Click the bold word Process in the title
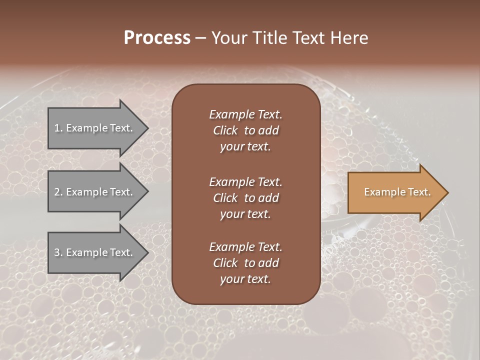[x=157, y=38]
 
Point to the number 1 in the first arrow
[x=57, y=128]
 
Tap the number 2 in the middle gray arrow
[x=57, y=192]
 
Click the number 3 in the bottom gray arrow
[x=57, y=252]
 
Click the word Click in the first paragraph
[x=225, y=130]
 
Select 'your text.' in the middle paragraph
[x=245, y=213]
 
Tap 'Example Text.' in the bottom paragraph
[x=245, y=247]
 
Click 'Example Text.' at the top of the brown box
[x=245, y=114]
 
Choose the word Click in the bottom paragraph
[x=225, y=263]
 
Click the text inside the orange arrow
[x=397, y=192]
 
